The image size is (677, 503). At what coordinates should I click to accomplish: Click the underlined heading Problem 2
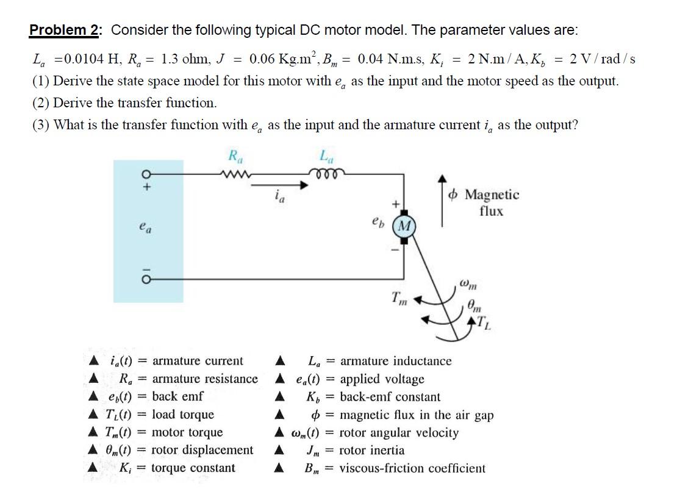(66, 30)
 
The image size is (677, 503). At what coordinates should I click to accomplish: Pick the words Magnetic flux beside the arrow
(492, 203)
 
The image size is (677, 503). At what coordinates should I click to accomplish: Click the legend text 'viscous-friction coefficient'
(412, 468)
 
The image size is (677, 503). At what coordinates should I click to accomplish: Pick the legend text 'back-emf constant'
(390, 397)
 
